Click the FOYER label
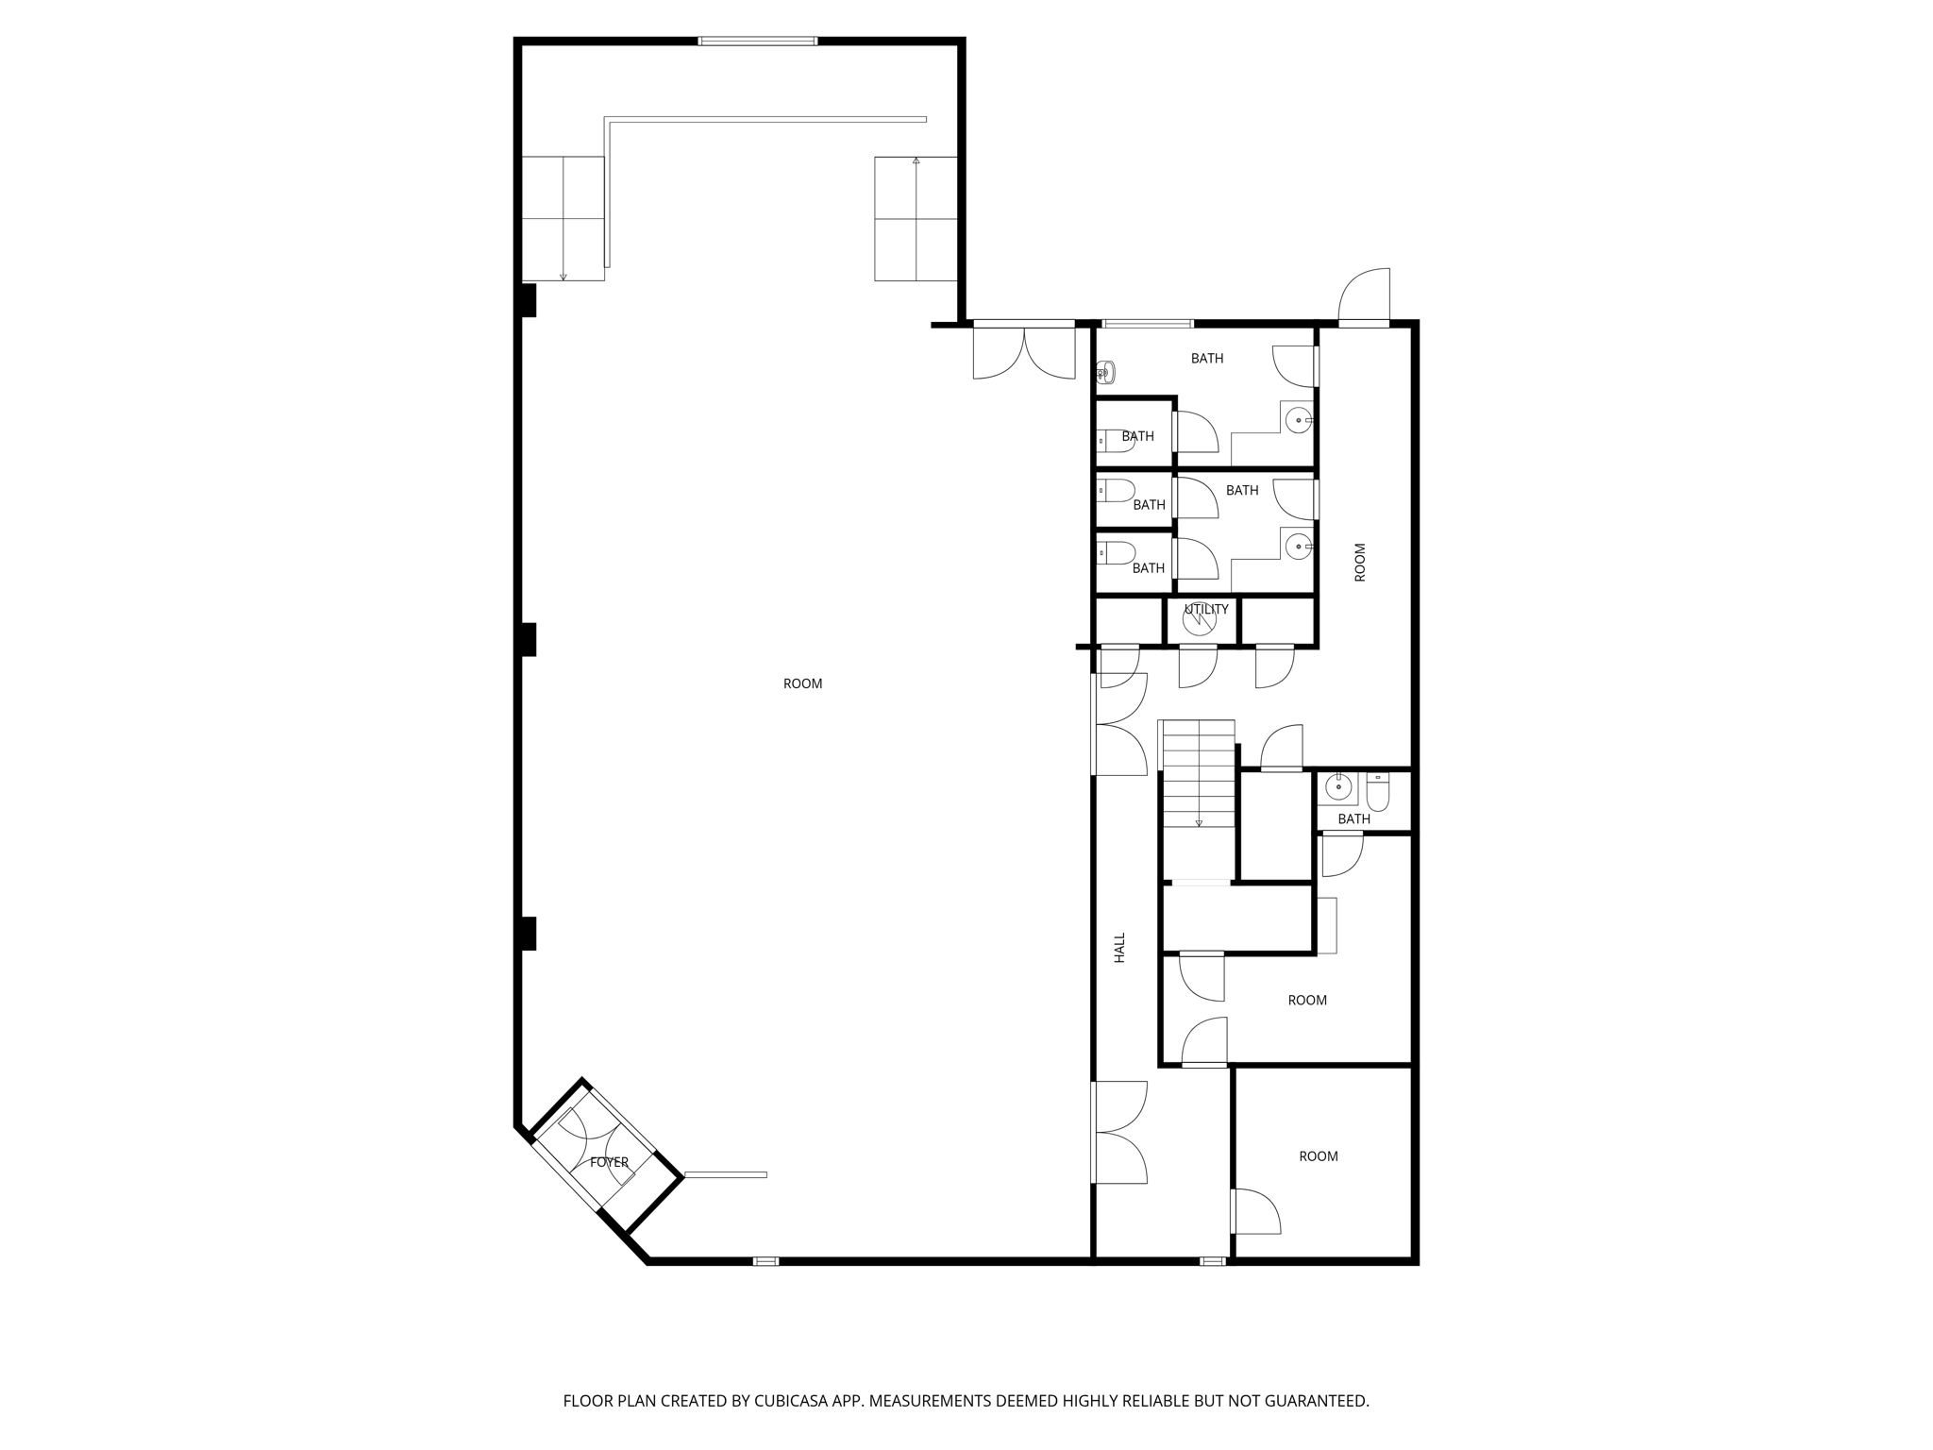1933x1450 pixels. [609, 1162]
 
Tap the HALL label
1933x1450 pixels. [1120, 948]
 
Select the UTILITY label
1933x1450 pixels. [1206, 609]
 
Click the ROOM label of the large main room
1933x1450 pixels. [802, 683]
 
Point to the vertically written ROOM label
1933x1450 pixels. [1360, 562]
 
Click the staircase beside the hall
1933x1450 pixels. [1198, 773]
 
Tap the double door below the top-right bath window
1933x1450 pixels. [1024, 350]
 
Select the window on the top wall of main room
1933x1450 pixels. [758, 41]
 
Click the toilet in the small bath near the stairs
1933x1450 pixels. [1378, 792]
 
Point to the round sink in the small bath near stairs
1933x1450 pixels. [1337, 785]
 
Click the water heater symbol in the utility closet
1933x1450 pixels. [1198, 619]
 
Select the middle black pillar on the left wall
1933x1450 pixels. [528, 639]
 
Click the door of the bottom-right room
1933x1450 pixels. [1255, 1211]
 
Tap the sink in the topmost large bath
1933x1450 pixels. [1301, 419]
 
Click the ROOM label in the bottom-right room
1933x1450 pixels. [1319, 1156]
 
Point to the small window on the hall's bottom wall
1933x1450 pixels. [1213, 1261]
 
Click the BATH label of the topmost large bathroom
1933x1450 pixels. [1207, 359]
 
